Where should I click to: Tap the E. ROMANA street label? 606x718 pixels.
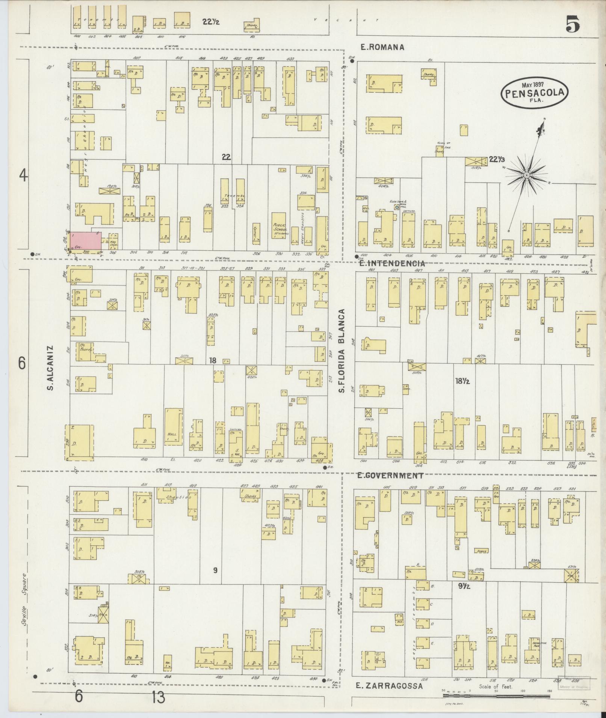pyautogui.click(x=382, y=47)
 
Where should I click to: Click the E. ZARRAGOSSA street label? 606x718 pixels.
pyautogui.click(x=389, y=686)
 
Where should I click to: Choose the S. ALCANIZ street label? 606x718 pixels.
pyautogui.click(x=51, y=367)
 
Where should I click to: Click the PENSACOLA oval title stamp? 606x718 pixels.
pyautogui.click(x=534, y=92)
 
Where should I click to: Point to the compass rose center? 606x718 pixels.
pyautogui.click(x=527, y=175)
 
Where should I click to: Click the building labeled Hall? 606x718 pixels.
pyautogui.click(x=173, y=427)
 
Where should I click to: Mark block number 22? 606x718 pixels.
pyautogui.click(x=225, y=157)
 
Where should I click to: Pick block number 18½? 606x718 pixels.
pyautogui.click(x=462, y=381)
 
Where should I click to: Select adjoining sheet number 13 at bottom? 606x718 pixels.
pyautogui.click(x=159, y=697)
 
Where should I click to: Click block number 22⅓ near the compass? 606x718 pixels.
pyautogui.click(x=497, y=160)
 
